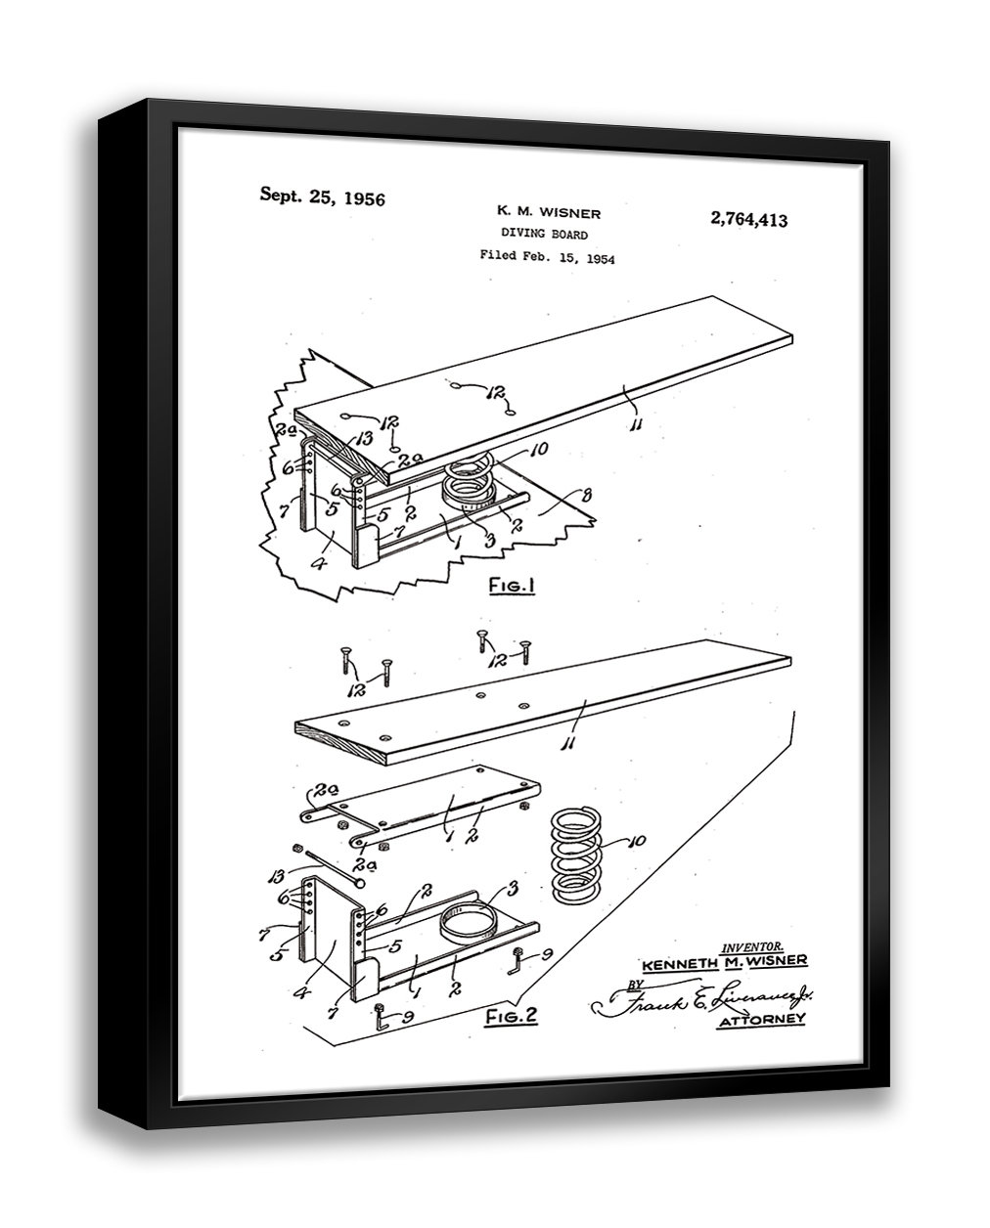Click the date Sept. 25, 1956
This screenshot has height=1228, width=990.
click(322, 197)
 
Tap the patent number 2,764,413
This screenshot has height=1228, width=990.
click(748, 219)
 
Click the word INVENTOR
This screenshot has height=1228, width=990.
click(750, 946)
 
